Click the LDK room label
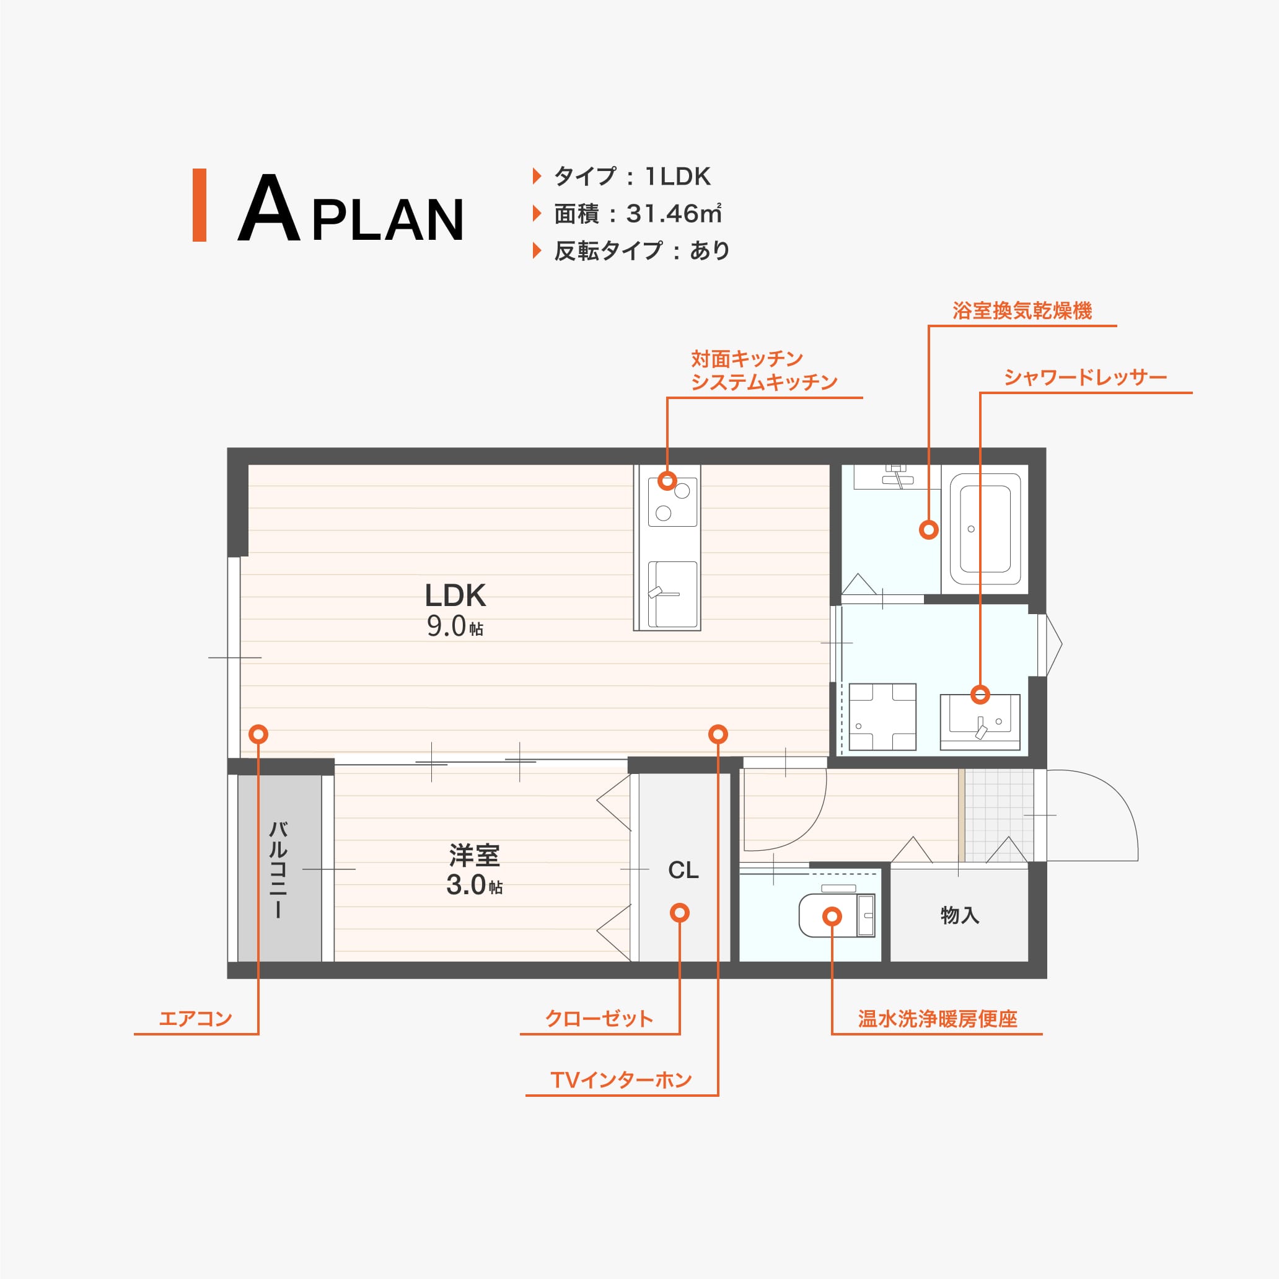pos(455,596)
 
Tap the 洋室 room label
pos(475,856)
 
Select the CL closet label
pos(683,870)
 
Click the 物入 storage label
pos(960,915)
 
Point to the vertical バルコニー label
pos(278,869)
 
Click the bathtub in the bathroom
pos(985,529)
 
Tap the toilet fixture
pos(837,915)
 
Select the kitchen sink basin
pos(672,594)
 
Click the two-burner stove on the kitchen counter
pos(672,502)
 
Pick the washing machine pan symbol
pos(882,717)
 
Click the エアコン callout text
pos(195,1018)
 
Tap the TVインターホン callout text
pos(621,1081)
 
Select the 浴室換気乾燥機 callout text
pos(1022,310)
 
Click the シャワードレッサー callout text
pos(1086,377)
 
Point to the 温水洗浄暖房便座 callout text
pos(938,1018)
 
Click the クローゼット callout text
pos(599,1018)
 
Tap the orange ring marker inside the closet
pos(680,913)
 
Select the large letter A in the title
pos(269,208)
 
